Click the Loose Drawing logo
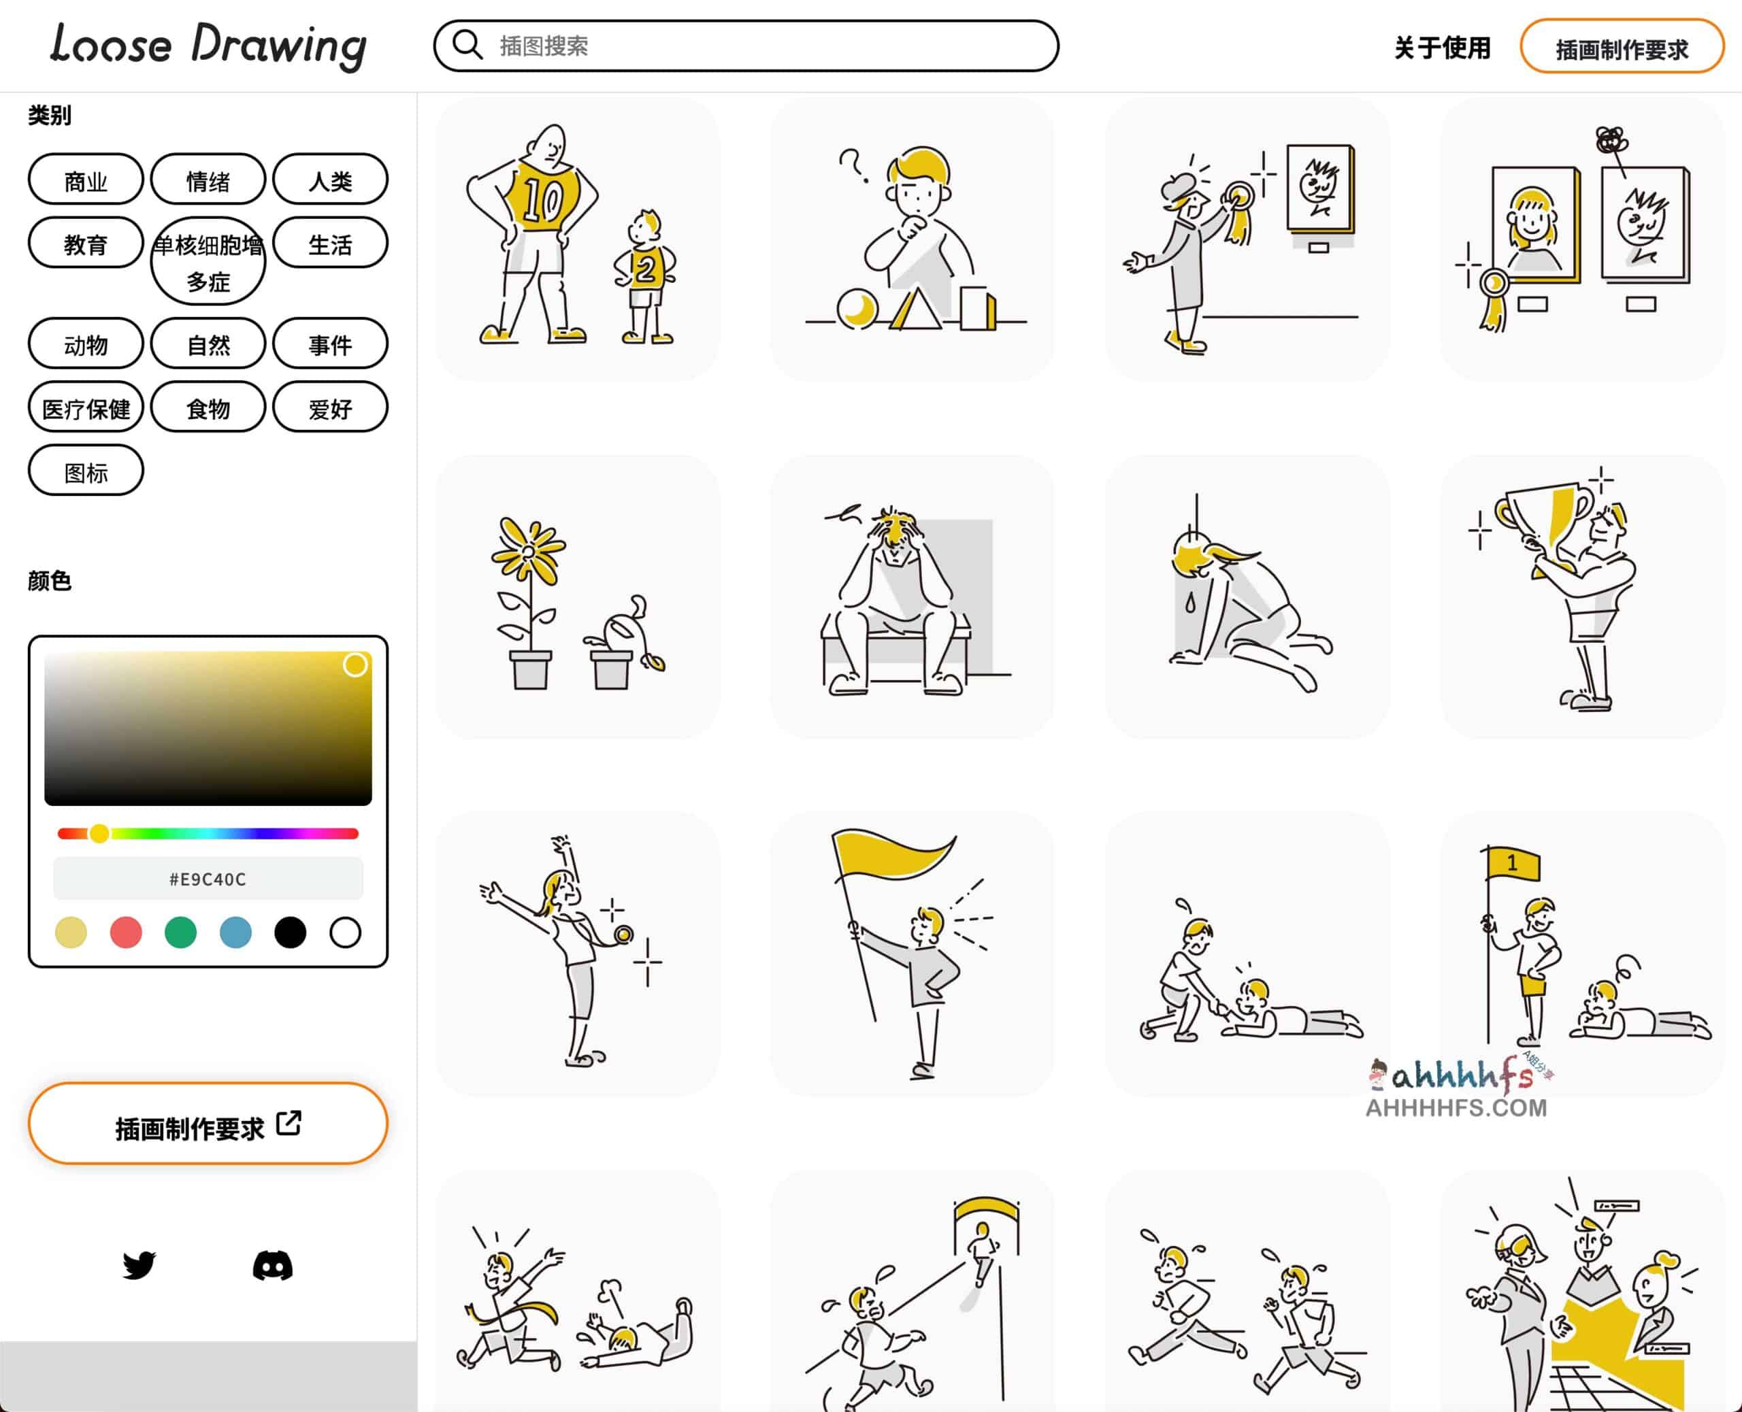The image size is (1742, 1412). pos(208,46)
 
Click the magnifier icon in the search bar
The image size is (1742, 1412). pos(467,45)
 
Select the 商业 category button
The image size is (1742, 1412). pos(86,180)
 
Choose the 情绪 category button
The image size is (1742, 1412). pos(208,180)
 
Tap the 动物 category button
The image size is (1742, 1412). pos(86,345)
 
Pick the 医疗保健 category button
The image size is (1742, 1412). pos(86,408)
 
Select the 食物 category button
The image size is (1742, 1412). pos(208,408)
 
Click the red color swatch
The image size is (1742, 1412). pos(125,932)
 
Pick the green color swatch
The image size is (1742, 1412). pos(180,932)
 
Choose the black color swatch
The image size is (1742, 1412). pos(290,932)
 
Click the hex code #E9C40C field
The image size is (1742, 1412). pos(208,879)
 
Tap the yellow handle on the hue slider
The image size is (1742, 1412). pos(99,833)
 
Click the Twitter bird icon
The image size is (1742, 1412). pos(139,1266)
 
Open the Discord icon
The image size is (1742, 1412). pos(273,1266)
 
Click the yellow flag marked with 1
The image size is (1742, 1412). pos(1513,864)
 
